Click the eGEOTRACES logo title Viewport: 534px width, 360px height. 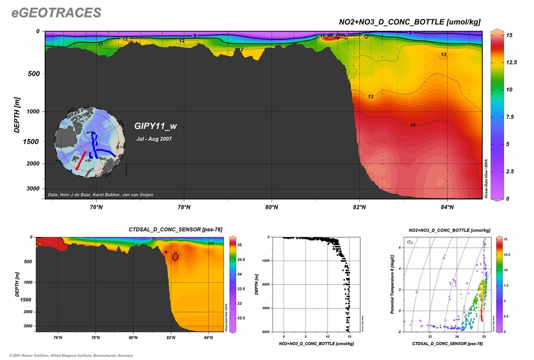pos(56,13)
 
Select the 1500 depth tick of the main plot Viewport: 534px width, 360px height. pos(31,141)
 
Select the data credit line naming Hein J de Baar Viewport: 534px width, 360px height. pos(101,195)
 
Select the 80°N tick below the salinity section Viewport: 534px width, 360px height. pos(133,338)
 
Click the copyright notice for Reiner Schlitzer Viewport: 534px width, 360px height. pos(68,355)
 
